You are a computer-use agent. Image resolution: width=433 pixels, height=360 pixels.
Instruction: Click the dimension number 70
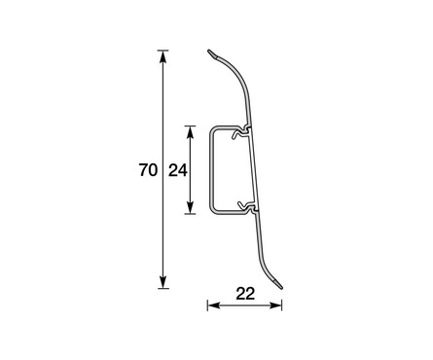tap(148, 170)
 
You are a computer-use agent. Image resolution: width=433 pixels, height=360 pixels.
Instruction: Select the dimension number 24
tap(178, 170)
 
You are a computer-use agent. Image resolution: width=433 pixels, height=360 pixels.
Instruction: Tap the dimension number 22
tap(245, 294)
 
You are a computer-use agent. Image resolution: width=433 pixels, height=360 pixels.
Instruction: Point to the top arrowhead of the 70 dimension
tap(162, 56)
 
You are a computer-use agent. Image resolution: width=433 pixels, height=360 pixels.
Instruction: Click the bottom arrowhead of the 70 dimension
tap(162, 282)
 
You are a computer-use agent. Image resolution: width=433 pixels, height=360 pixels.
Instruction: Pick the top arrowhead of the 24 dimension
tap(191, 132)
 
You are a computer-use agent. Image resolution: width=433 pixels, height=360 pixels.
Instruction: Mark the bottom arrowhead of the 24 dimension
tap(191, 207)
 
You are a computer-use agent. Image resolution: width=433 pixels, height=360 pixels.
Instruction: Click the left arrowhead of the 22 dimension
tap(214, 306)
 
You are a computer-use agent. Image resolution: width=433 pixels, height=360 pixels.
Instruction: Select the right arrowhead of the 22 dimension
tap(275, 306)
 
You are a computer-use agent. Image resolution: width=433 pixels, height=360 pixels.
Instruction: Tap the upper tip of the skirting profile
tap(209, 51)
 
